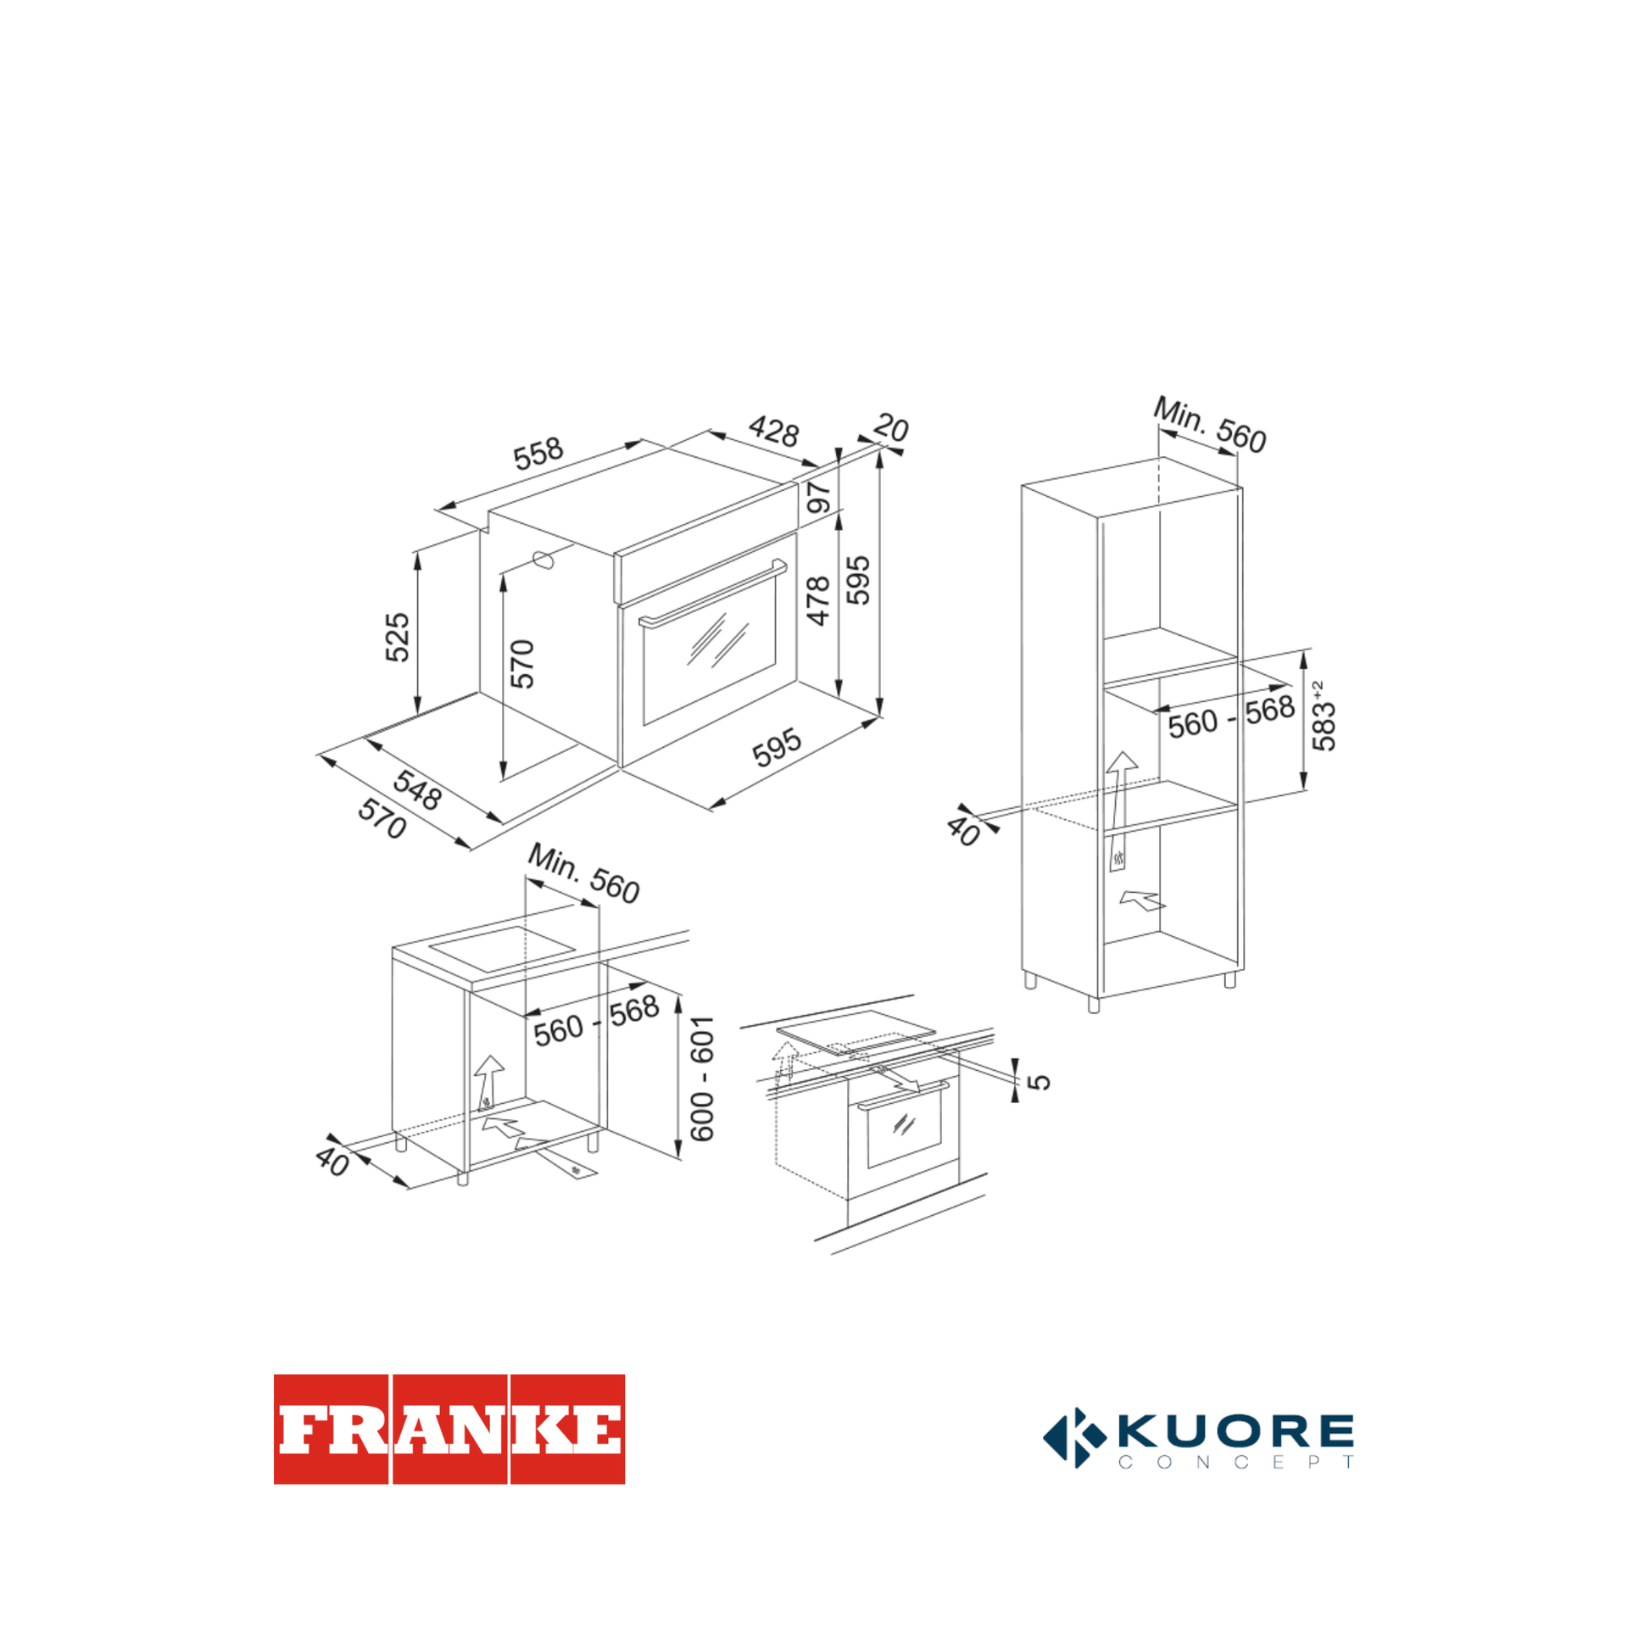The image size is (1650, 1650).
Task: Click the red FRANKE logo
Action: click(449, 1429)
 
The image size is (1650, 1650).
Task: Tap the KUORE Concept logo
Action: click(1198, 1438)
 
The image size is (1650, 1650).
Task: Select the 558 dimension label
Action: click(538, 454)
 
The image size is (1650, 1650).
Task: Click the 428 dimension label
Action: click(774, 431)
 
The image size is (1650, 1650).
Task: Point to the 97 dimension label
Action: click(818, 497)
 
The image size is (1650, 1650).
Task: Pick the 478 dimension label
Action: click(818, 601)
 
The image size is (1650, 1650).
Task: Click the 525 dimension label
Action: click(397, 637)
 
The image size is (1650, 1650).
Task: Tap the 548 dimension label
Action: click(417, 790)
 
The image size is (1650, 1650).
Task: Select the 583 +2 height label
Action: click(1323, 716)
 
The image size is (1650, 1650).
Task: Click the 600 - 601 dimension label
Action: click(702, 1079)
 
